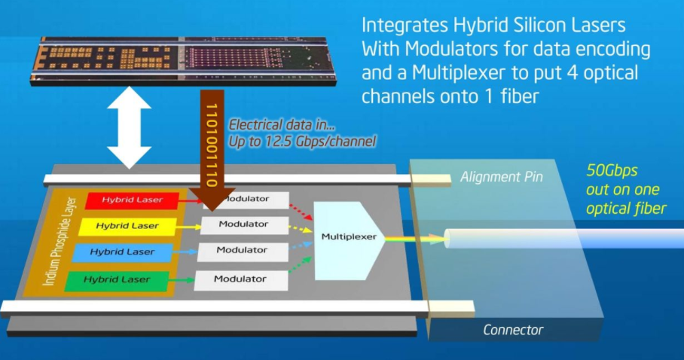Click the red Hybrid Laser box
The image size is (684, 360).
click(x=132, y=200)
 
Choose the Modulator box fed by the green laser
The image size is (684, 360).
click(x=241, y=280)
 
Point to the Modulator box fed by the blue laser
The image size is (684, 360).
click(x=243, y=251)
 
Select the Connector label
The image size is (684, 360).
click(x=513, y=330)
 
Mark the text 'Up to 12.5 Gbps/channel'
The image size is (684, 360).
click(x=303, y=140)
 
